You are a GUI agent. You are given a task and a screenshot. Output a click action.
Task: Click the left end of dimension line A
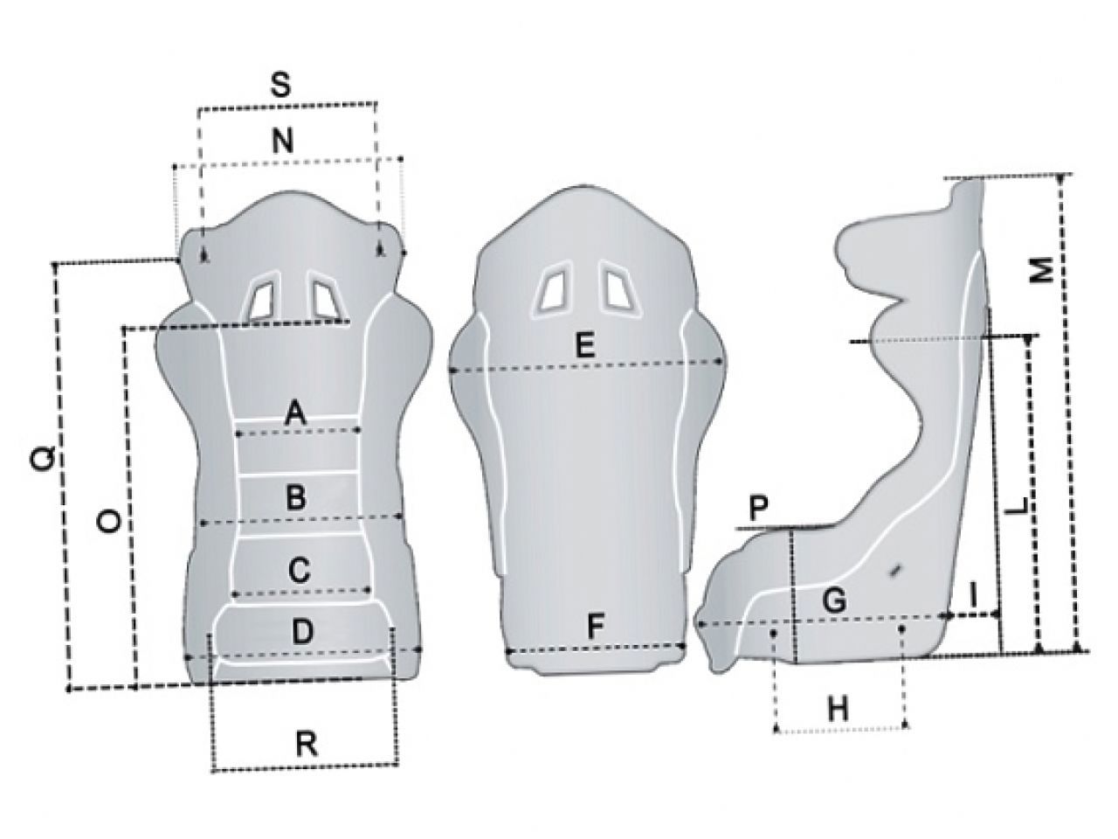coord(238,434)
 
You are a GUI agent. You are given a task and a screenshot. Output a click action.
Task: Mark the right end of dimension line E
coord(721,361)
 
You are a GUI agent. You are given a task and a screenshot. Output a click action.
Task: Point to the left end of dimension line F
coord(507,652)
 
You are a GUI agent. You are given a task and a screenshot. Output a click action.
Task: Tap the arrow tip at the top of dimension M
coord(1060,177)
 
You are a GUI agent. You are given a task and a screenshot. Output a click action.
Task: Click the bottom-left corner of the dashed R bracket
coord(214,770)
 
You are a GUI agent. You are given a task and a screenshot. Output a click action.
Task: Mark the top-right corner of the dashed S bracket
coord(376,103)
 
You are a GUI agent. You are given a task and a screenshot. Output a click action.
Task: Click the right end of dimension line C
coord(369,590)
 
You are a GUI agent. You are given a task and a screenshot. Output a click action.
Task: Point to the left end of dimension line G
coord(700,623)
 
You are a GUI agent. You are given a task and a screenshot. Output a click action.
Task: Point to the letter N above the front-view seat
coord(283,141)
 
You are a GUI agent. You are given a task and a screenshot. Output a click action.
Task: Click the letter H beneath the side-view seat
coord(838,708)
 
